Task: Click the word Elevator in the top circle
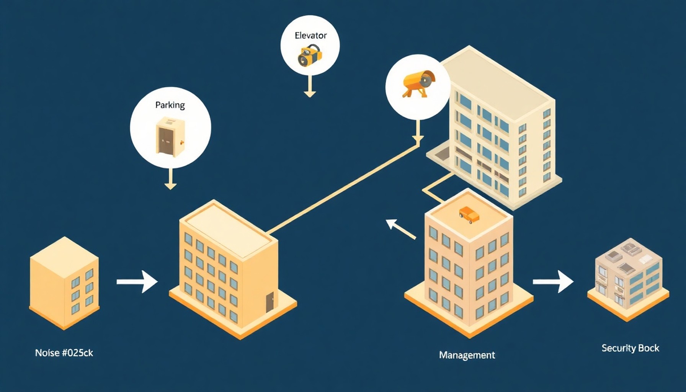pyautogui.click(x=310, y=36)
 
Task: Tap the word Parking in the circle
pyautogui.click(x=170, y=105)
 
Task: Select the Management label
pyautogui.click(x=467, y=355)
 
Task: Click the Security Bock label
pyautogui.click(x=630, y=348)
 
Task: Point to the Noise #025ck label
pyautogui.click(x=64, y=353)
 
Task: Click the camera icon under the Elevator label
pyautogui.click(x=309, y=56)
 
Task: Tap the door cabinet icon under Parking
pyautogui.click(x=170, y=137)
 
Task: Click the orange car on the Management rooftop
pyautogui.click(x=469, y=215)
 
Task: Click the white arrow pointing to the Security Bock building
pyautogui.click(x=553, y=282)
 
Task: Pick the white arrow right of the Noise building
pyautogui.click(x=137, y=282)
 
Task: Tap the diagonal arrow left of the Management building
pyautogui.click(x=400, y=229)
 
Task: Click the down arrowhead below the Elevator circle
pyautogui.click(x=310, y=94)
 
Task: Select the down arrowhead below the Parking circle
pyautogui.click(x=170, y=186)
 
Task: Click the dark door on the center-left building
pyautogui.click(x=270, y=302)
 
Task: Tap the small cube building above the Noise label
pyautogui.click(x=64, y=283)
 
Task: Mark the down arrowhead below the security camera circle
pyautogui.click(x=418, y=139)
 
